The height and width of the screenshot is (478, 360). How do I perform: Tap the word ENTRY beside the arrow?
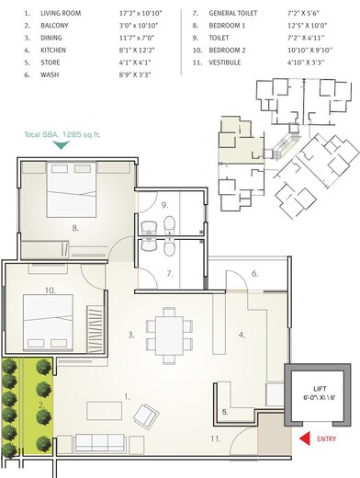[x=326, y=439]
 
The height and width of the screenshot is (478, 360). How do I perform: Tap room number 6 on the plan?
[x=256, y=273]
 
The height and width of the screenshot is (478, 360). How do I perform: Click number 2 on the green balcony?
[x=41, y=404]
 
